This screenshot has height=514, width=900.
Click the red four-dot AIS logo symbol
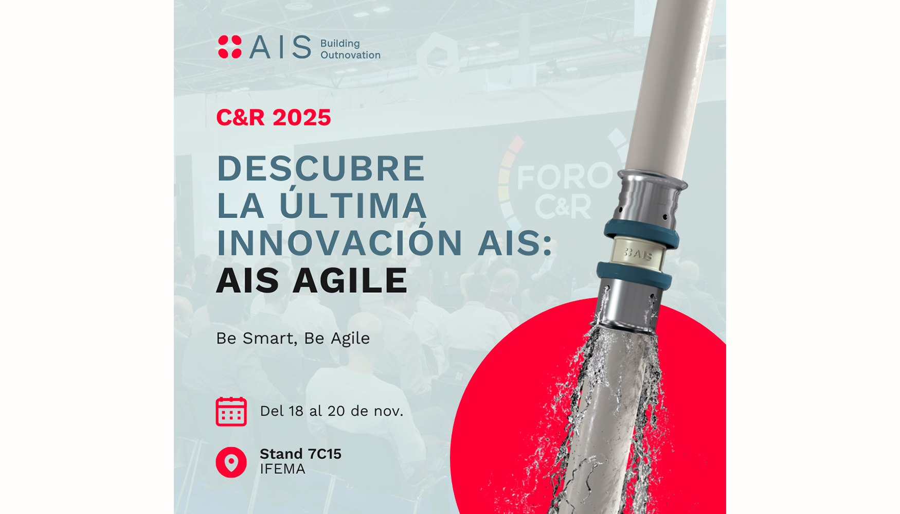coord(229,47)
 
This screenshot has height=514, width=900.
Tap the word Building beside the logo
coord(340,44)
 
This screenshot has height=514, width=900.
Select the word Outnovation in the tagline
coord(350,55)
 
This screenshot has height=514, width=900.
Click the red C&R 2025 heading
coord(274,117)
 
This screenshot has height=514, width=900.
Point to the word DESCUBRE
coord(321,168)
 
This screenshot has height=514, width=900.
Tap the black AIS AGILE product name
coord(312,280)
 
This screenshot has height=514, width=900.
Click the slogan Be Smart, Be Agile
coord(293,338)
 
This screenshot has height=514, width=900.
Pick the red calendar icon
coord(231,411)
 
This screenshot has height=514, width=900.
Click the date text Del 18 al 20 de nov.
coord(331,411)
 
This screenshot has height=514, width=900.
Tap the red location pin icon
coord(231,462)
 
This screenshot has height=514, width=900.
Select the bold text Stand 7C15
coord(300,454)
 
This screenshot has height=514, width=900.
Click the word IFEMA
coord(282,469)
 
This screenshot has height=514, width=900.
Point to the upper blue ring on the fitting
coord(641,233)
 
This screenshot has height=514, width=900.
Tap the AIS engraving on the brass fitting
coord(638,254)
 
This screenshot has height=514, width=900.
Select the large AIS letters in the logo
coord(280,47)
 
